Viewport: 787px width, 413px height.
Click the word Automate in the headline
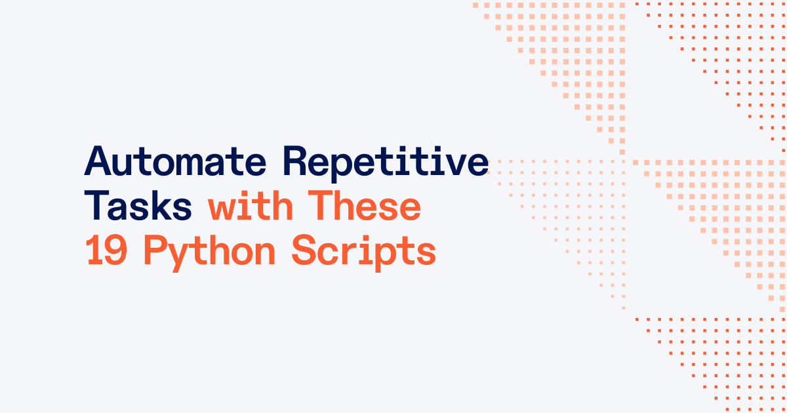pos(175,161)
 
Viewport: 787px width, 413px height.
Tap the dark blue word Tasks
pos(138,205)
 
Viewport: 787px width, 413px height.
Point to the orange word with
pos(251,205)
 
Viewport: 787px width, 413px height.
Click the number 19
pos(106,250)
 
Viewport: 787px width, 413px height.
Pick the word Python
pos(210,253)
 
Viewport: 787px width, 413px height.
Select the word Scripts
pos(363,253)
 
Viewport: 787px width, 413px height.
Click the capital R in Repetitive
pos(296,161)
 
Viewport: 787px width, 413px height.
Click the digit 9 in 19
pos(116,250)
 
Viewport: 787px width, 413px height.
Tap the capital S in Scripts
pos(304,250)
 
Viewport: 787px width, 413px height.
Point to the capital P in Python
pos(156,250)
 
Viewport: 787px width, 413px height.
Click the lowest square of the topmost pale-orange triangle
pos(622,152)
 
